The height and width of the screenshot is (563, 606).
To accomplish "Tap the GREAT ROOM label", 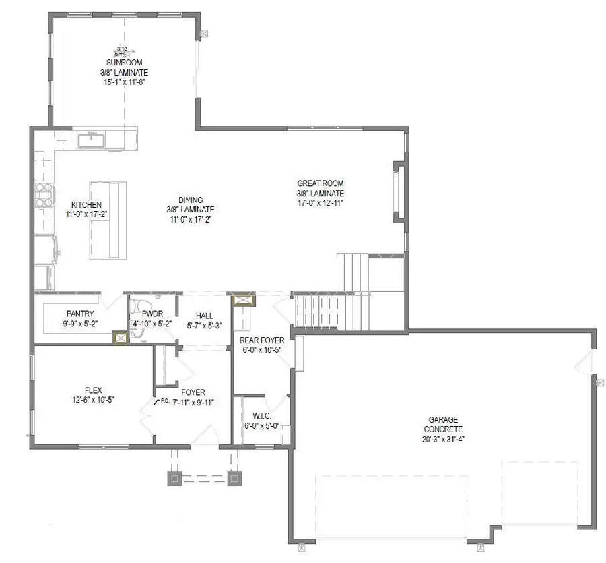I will (x=321, y=183).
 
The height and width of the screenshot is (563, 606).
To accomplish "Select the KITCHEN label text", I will (x=87, y=205).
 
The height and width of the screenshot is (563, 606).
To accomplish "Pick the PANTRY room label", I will (x=79, y=314).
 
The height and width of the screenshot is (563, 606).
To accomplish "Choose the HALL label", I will (x=205, y=315).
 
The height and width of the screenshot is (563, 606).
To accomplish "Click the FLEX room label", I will (x=94, y=390).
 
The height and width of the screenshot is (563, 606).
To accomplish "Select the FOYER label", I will (x=193, y=392).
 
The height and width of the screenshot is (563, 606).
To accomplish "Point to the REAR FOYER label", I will (x=263, y=340).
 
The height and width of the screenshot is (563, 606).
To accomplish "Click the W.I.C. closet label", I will (x=262, y=416).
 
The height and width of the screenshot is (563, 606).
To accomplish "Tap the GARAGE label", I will (x=443, y=419).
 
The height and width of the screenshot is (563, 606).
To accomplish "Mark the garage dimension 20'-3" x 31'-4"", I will (x=443, y=439).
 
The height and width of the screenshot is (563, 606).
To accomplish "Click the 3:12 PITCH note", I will (x=123, y=51).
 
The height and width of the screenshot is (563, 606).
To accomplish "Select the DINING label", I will (x=191, y=200).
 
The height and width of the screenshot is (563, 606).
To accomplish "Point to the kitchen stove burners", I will (x=44, y=194).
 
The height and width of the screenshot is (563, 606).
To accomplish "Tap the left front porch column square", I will (x=174, y=479).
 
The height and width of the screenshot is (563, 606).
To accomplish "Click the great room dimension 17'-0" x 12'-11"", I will (x=321, y=202).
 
